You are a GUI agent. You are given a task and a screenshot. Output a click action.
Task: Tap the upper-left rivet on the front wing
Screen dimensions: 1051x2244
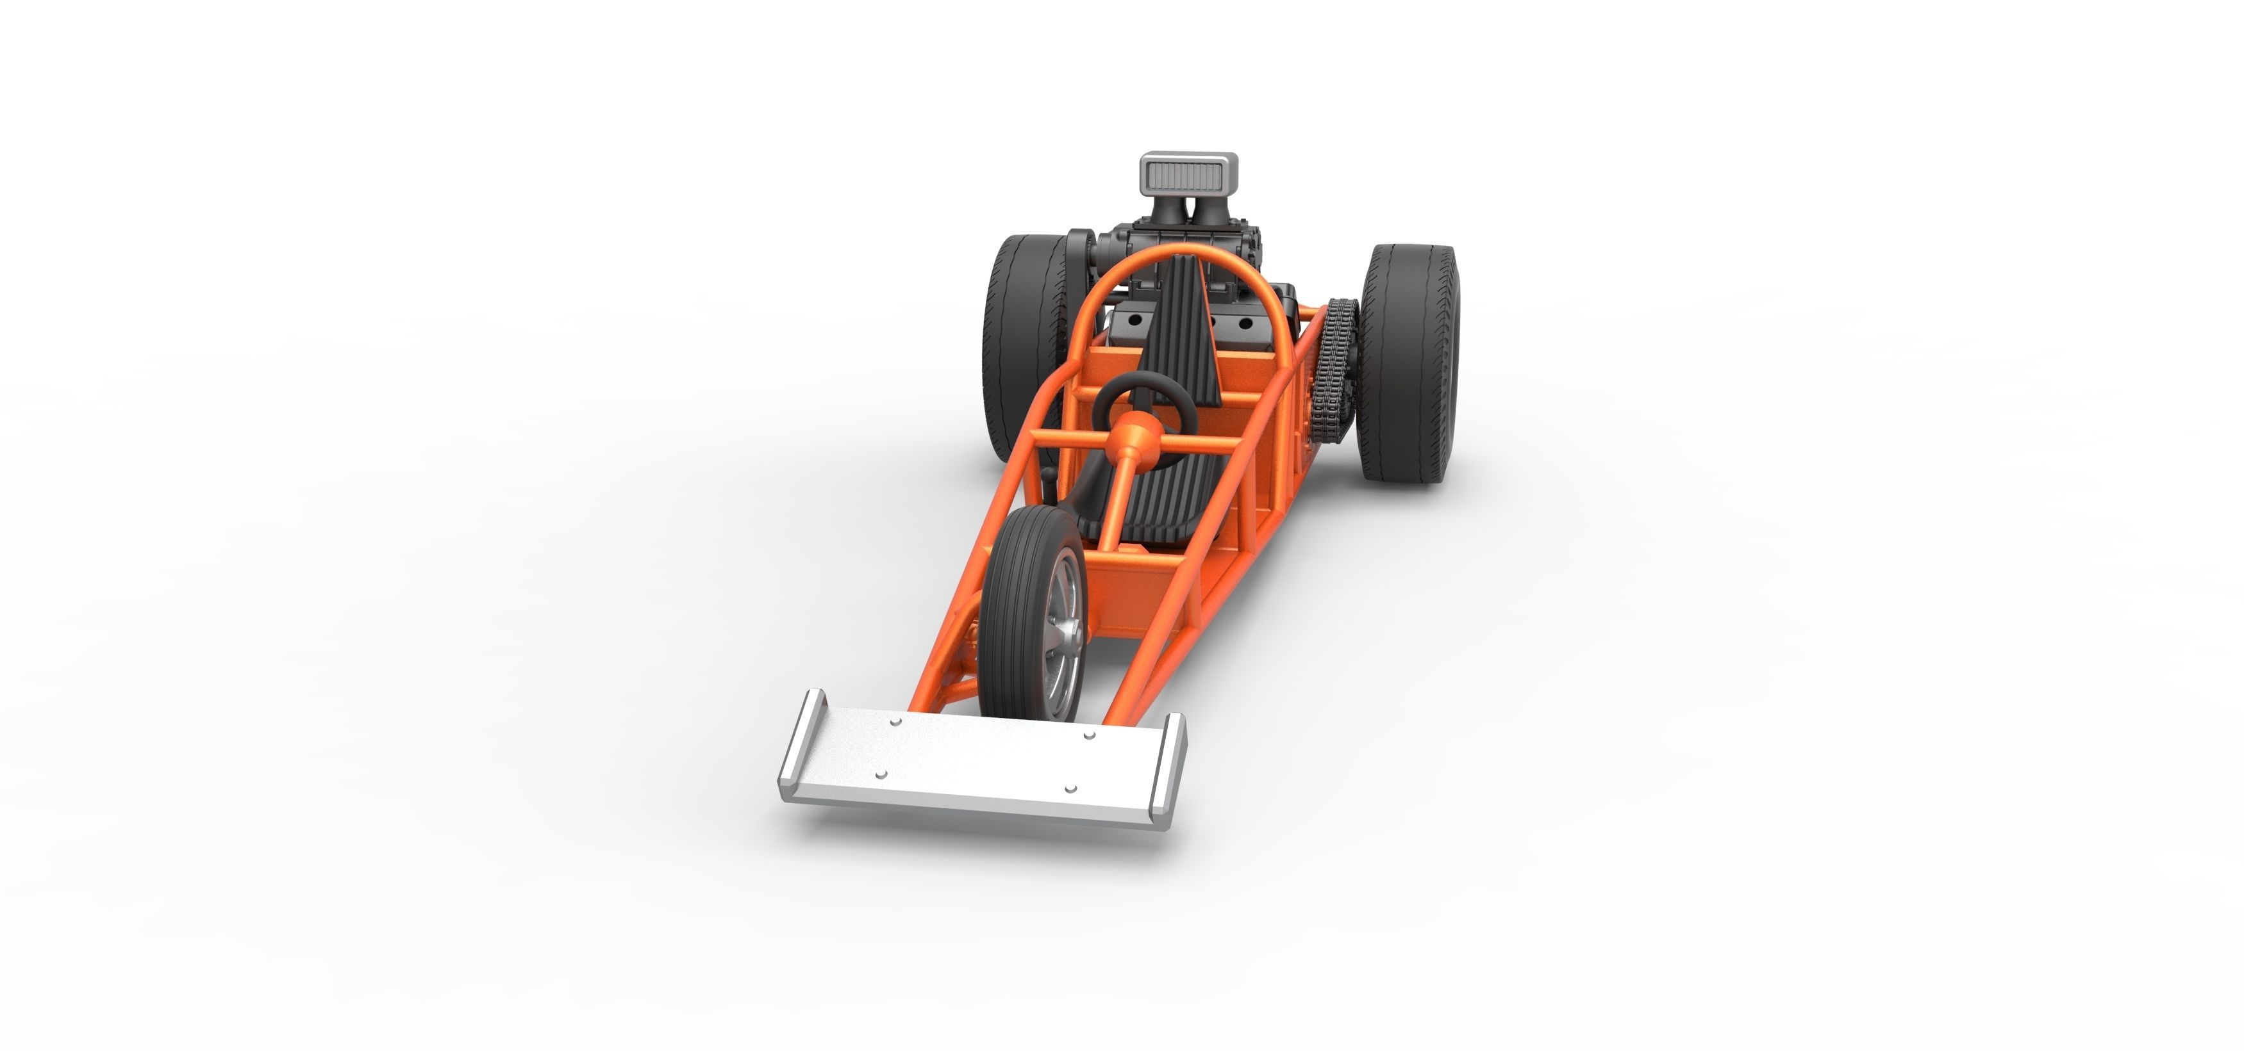click(895, 722)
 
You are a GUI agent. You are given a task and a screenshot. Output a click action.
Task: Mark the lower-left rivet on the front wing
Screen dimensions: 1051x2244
click(881, 773)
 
